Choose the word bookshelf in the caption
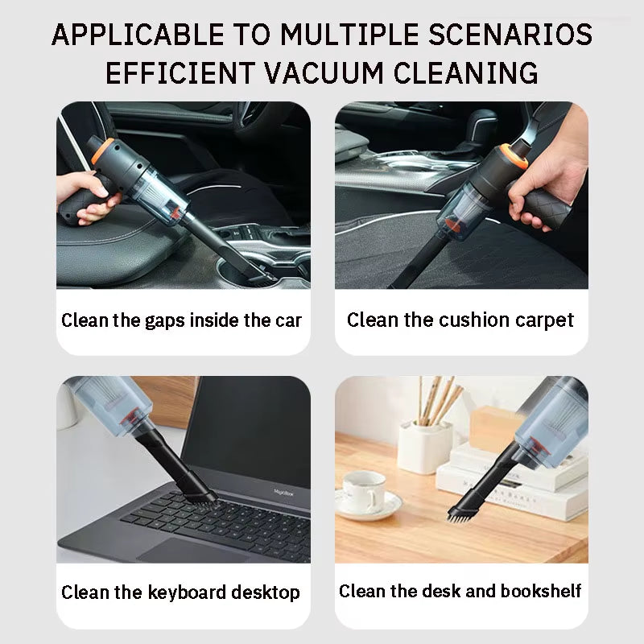[x=541, y=592]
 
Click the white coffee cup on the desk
[x=364, y=492]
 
